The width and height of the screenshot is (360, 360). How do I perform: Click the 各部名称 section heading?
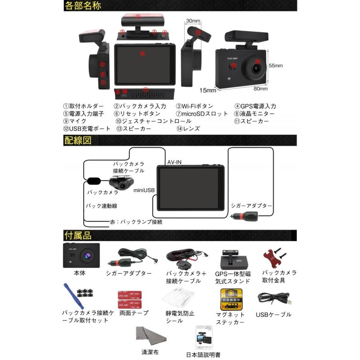pos(82,6)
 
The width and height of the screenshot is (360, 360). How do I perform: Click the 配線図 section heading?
pos(78,140)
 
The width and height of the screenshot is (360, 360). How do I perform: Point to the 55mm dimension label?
pos(276,65)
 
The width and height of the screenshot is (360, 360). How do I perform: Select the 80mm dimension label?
pos(260,88)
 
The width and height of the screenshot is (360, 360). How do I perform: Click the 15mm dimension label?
pos(208,90)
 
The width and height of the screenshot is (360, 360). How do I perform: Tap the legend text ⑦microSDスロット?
pos(202,114)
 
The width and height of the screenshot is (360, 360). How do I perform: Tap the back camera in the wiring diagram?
pos(121,183)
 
